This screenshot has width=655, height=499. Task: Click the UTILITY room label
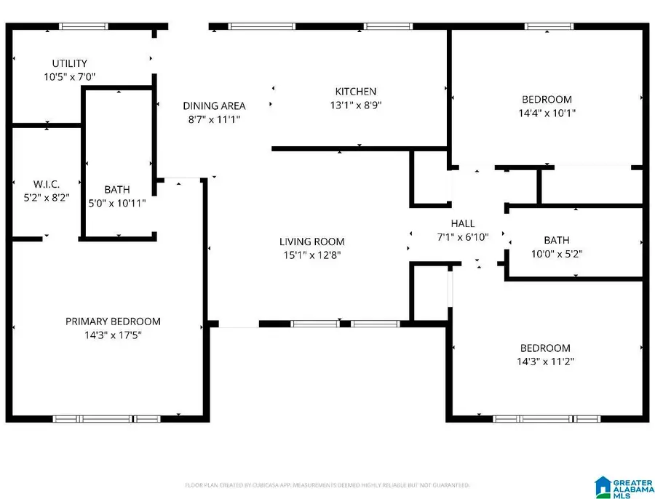click(x=70, y=63)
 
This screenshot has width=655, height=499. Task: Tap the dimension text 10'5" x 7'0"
click(x=70, y=76)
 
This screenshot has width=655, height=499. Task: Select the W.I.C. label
click(x=31, y=183)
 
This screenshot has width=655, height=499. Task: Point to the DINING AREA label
click(x=214, y=105)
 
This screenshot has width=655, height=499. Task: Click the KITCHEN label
click(x=355, y=91)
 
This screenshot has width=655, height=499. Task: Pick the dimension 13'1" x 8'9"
click(x=355, y=105)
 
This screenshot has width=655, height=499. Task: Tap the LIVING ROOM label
click(x=312, y=241)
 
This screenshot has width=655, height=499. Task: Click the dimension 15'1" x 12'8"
click(x=312, y=255)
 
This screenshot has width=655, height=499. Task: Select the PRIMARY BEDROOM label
click(x=113, y=322)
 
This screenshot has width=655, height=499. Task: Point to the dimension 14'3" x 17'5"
click(x=113, y=335)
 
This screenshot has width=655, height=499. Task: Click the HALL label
click(x=462, y=223)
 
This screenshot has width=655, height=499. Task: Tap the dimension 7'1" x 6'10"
click(x=462, y=236)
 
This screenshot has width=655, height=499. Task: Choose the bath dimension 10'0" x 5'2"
click(x=556, y=255)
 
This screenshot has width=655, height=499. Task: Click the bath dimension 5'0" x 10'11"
click(x=116, y=204)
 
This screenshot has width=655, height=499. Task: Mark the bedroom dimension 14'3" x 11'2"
click(x=544, y=362)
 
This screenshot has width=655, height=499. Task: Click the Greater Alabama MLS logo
click(x=622, y=487)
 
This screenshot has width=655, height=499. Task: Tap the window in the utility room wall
click(x=84, y=27)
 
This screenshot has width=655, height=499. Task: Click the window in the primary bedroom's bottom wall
click(x=107, y=419)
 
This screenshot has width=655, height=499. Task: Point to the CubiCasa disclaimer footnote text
click(x=327, y=484)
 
